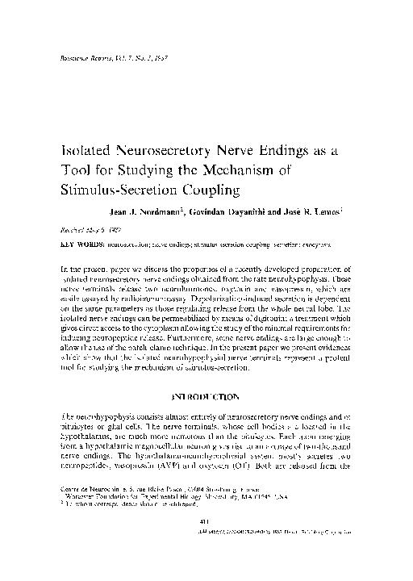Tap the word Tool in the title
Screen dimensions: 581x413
point(77,170)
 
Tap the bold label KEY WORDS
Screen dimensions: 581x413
point(81,241)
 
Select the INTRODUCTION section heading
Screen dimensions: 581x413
point(206,396)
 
